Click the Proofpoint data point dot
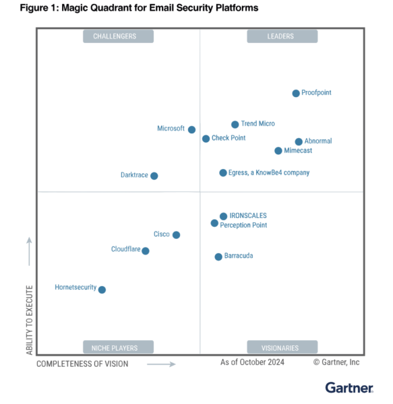(296, 93)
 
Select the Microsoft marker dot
(191, 129)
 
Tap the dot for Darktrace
(154, 176)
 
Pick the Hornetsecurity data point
(102, 290)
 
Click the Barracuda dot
(218, 257)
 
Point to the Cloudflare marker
(146, 250)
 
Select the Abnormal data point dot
(299, 141)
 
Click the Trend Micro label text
(258, 124)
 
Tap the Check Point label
(229, 138)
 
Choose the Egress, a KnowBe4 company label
(269, 173)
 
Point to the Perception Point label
(243, 225)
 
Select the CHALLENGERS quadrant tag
(115, 36)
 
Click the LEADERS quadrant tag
(282, 36)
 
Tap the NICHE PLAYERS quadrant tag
(115, 348)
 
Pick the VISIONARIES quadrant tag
(282, 348)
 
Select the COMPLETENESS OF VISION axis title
(82, 364)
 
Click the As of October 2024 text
(252, 362)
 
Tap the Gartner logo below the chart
(349, 388)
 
